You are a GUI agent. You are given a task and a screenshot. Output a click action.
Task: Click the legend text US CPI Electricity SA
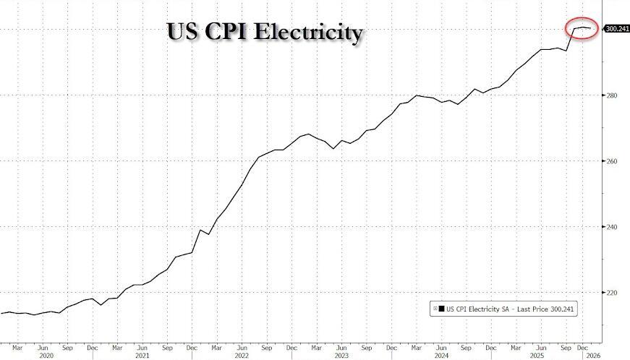tap(478, 309)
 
